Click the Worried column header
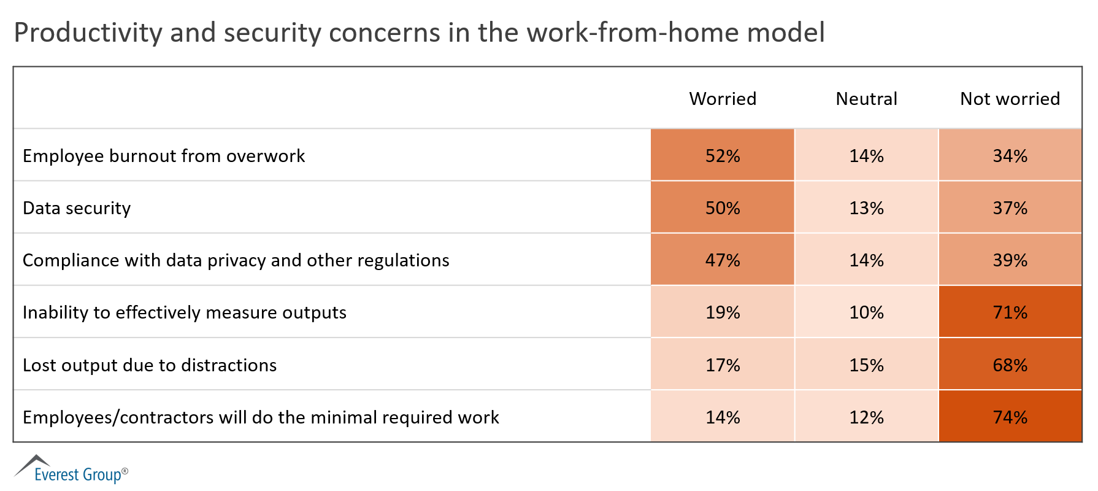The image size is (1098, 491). click(x=723, y=99)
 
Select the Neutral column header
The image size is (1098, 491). click(x=866, y=99)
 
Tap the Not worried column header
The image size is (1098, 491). click(x=1010, y=99)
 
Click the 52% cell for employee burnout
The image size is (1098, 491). click(x=723, y=156)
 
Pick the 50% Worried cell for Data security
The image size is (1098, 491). click(x=723, y=208)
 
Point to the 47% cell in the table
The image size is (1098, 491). click(x=723, y=260)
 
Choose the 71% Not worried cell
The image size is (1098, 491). click(x=1010, y=312)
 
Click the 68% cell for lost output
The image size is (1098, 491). click(x=1010, y=365)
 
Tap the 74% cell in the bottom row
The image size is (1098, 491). click(x=1010, y=417)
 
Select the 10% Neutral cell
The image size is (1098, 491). click(x=866, y=312)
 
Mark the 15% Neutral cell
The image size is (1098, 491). click(x=866, y=365)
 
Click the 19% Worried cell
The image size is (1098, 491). click(x=723, y=312)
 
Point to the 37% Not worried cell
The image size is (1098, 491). click(x=1010, y=208)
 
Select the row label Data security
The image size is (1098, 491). click(x=77, y=209)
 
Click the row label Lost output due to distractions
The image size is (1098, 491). click(x=150, y=365)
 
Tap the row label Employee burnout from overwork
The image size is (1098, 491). click(x=164, y=156)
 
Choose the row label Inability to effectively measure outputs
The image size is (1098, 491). click(x=185, y=313)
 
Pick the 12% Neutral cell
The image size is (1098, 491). click(x=866, y=417)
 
